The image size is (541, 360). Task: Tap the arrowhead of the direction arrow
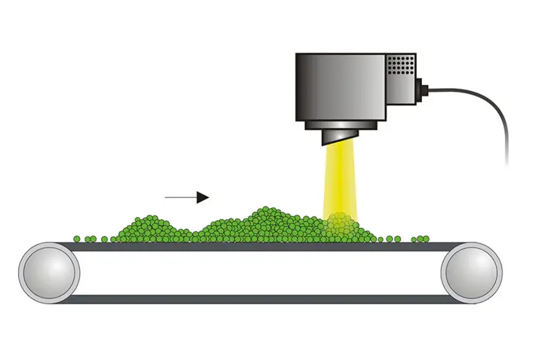point(203,197)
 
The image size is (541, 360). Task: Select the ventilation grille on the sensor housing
point(403,66)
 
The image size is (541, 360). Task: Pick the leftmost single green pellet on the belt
point(77,239)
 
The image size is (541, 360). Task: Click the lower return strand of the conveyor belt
point(260,299)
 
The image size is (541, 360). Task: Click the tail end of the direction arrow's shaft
point(167,197)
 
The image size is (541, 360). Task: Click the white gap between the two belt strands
point(260,272)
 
